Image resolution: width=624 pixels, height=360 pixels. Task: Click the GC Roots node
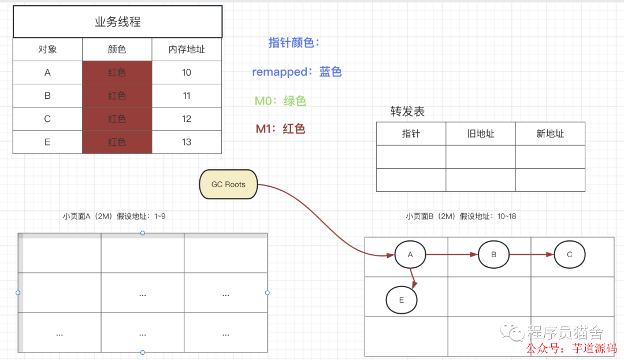[228, 184]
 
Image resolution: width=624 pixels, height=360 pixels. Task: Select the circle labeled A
[410, 254]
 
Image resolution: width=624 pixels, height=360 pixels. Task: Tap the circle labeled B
[493, 254]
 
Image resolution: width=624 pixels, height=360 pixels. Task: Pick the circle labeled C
[570, 254]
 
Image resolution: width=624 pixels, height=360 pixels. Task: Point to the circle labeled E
[402, 300]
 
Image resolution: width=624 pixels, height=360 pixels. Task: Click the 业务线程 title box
[117, 22]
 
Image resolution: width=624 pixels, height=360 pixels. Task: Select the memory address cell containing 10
[187, 73]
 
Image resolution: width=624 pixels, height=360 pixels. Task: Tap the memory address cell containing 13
[187, 142]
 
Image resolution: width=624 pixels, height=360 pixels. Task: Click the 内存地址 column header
[187, 50]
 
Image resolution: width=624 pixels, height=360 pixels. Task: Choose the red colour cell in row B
[117, 96]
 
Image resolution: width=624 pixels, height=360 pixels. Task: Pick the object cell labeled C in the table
[47, 119]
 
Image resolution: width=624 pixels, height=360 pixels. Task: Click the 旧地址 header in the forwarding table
[481, 133]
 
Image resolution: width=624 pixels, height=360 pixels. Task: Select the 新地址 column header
[550, 133]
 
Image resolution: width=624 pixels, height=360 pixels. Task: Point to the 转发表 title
[408, 112]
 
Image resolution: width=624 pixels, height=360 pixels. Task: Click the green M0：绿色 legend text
[280, 101]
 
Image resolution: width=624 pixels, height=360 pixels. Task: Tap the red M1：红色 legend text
[280, 129]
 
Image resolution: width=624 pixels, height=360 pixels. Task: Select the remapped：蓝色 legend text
[297, 72]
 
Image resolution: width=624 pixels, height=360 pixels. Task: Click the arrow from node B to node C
[532, 254]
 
